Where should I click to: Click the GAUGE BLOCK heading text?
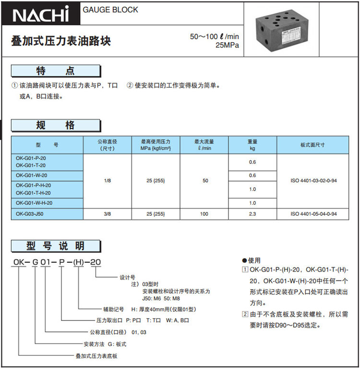[x=110, y=10]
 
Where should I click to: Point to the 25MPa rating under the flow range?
[x=228, y=46]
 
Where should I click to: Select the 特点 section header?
[x=56, y=72]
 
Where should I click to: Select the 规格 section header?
[x=56, y=126]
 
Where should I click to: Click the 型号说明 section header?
[x=56, y=246]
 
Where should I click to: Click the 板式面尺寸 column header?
[x=312, y=145]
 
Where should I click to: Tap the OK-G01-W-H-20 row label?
[x=34, y=203]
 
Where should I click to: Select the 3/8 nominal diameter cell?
[x=108, y=214]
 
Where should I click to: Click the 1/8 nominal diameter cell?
[x=108, y=181]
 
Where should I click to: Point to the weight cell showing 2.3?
[x=252, y=214]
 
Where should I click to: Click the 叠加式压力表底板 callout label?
[x=96, y=356]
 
